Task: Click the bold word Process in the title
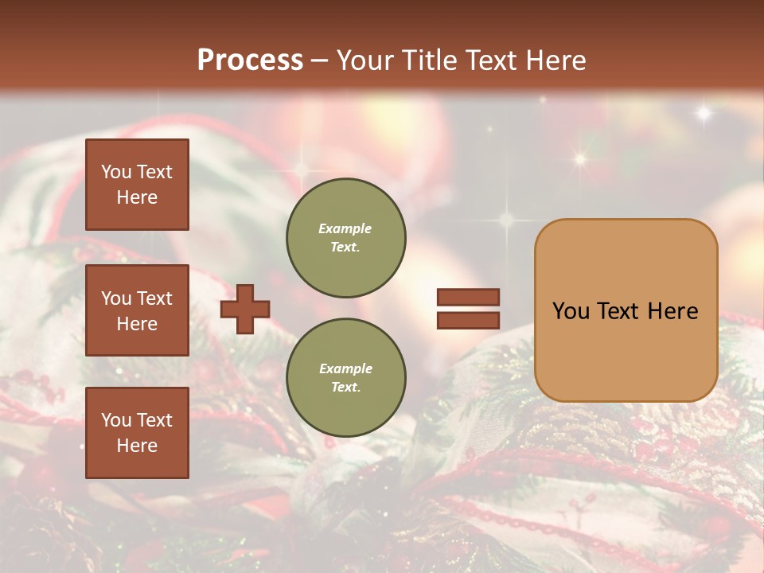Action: (250, 60)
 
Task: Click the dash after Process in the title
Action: (319, 61)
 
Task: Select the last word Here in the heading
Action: (557, 60)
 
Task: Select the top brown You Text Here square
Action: (137, 185)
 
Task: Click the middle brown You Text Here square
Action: (137, 310)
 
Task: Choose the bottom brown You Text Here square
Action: (137, 432)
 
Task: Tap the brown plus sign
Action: (245, 309)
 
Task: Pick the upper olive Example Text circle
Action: (345, 238)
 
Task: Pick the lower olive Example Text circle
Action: (345, 378)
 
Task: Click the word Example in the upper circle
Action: (345, 228)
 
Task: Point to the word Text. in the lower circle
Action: (345, 388)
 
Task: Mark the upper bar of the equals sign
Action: (468, 297)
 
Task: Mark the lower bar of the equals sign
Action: (468, 320)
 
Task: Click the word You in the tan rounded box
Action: (571, 311)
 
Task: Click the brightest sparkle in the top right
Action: (704, 113)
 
